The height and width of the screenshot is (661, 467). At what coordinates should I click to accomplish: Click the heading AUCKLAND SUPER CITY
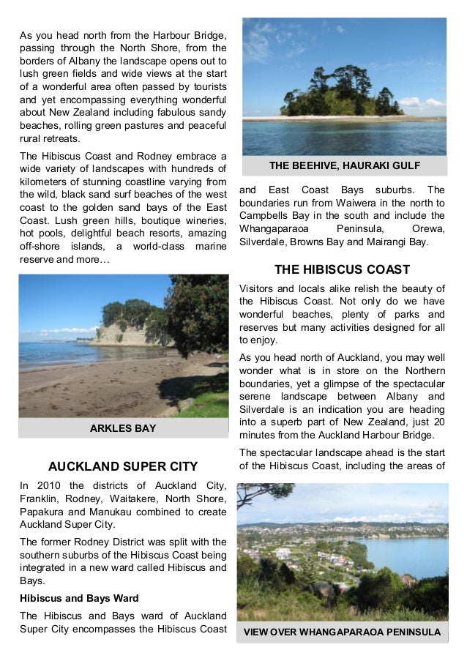pyautogui.click(x=123, y=466)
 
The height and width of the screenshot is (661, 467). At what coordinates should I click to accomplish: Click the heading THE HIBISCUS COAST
pyautogui.click(x=342, y=269)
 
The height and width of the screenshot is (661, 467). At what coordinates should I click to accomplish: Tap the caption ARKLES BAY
pyautogui.click(x=123, y=428)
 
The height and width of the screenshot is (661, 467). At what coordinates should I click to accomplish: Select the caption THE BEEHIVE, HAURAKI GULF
pyautogui.click(x=343, y=165)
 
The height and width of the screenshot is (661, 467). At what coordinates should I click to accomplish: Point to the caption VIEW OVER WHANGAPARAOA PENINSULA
pyautogui.click(x=342, y=632)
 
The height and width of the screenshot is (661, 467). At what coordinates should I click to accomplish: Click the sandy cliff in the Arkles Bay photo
pyautogui.click(x=122, y=333)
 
